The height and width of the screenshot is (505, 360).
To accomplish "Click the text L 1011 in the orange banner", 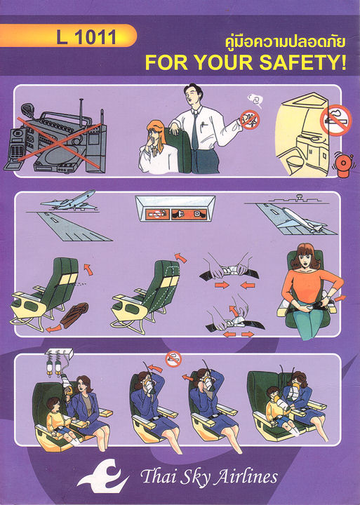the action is tap(86, 37).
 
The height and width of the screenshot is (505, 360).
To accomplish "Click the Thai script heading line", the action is tap(285, 43).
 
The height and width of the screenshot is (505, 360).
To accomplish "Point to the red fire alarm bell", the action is tap(342, 165).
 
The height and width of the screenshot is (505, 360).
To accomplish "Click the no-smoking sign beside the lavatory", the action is tap(335, 119).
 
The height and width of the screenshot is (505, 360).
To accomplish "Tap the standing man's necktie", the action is tap(195, 130).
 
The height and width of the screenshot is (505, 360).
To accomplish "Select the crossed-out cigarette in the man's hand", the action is tap(250, 120).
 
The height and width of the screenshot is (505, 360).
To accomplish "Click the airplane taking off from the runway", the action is tap(69, 201).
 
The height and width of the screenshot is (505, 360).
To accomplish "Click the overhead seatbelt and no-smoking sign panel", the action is tap(175, 208).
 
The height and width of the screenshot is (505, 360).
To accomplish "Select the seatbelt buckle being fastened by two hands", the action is tap(229, 269).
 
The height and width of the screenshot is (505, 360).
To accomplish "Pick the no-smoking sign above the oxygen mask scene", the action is tap(173, 359).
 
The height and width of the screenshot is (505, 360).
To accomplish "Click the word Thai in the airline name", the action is tap(156, 476).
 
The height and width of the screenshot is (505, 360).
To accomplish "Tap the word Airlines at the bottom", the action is tap(246, 477).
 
